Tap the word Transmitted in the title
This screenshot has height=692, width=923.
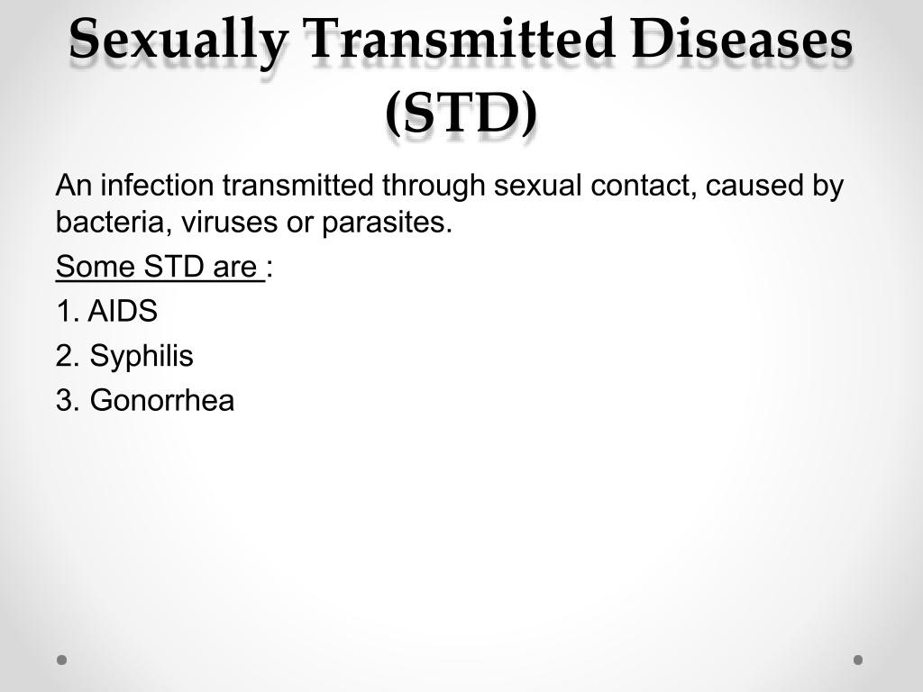tap(460, 38)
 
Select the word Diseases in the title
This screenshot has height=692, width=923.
tap(742, 38)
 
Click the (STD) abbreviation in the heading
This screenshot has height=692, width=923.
tap(461, 113)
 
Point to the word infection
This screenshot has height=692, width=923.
tap(157, 186)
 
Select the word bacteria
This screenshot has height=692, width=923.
tap(109, 223)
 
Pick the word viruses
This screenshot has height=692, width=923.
tap(230, 223)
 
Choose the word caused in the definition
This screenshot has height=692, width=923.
tap(754, 186)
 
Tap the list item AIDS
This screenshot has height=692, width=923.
tap(123, 311)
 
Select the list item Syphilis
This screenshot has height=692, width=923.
tap(142, 357)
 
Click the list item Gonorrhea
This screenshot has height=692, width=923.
tap(162, 401)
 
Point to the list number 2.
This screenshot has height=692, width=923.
tap(67, 356)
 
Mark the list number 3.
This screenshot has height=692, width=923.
tap(67, 401)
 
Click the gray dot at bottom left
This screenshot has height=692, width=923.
tap(62, 660)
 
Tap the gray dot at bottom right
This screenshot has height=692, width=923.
tap(858, 660)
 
